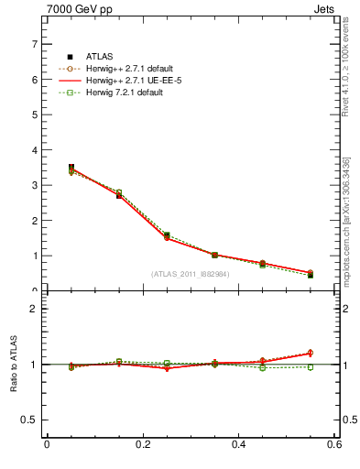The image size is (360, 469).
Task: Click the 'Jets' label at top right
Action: coord(325,12)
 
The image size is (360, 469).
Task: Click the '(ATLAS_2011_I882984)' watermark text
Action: coord(191,274)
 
